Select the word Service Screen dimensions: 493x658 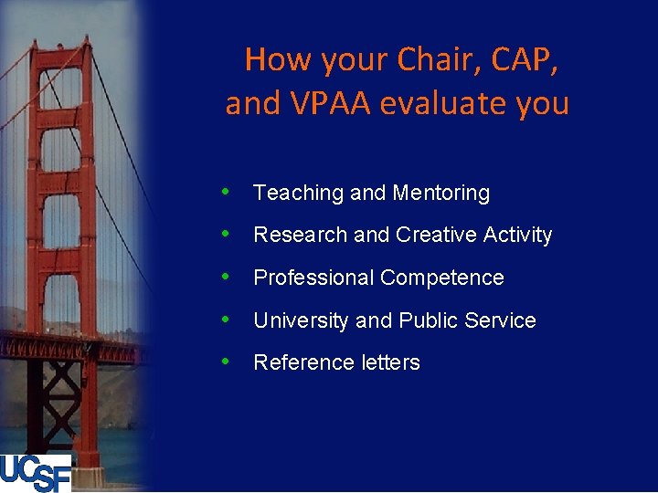point(500,320)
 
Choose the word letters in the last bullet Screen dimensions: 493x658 point(389,362)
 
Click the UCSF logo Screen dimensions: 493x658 point(36,473)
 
